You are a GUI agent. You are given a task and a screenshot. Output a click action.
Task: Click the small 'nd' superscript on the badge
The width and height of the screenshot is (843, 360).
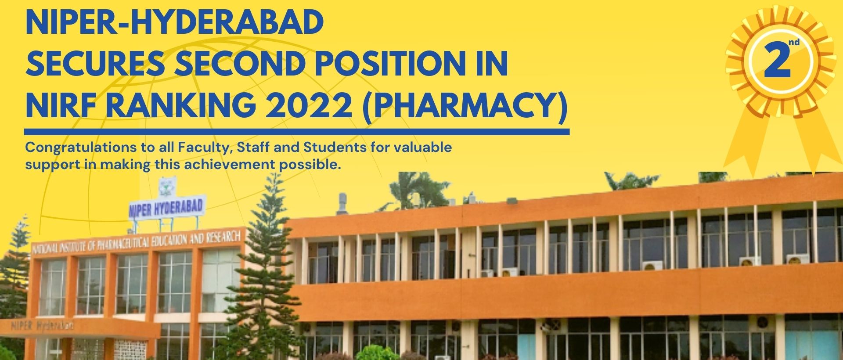pos(794,43)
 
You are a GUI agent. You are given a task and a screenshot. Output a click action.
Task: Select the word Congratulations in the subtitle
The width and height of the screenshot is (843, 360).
pos(81,148)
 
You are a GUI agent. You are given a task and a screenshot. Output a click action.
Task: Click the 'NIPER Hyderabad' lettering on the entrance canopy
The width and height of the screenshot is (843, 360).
pos(42,326)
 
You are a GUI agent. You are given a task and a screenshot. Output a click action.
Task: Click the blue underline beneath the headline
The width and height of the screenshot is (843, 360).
pos(297,132)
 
